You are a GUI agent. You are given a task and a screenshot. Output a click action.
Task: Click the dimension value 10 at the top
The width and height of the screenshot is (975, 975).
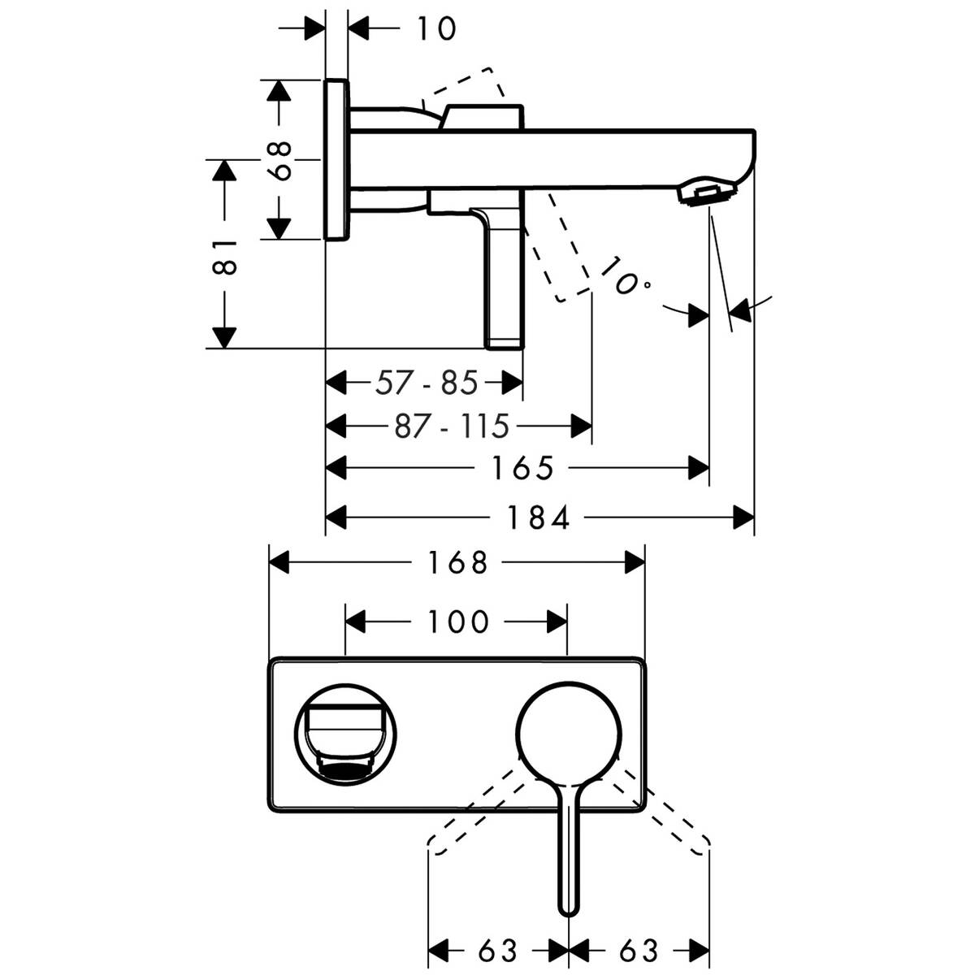(x=437, y=28)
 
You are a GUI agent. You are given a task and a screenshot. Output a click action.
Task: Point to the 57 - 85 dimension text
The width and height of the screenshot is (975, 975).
(x=426, y=382)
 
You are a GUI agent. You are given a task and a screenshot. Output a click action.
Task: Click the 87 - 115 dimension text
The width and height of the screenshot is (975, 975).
(x=451, y=425)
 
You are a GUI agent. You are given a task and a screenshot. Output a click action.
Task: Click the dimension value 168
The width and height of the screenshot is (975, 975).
(x=458, y=562)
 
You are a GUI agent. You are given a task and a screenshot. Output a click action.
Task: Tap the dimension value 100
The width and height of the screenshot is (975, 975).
(x=457, y=622)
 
